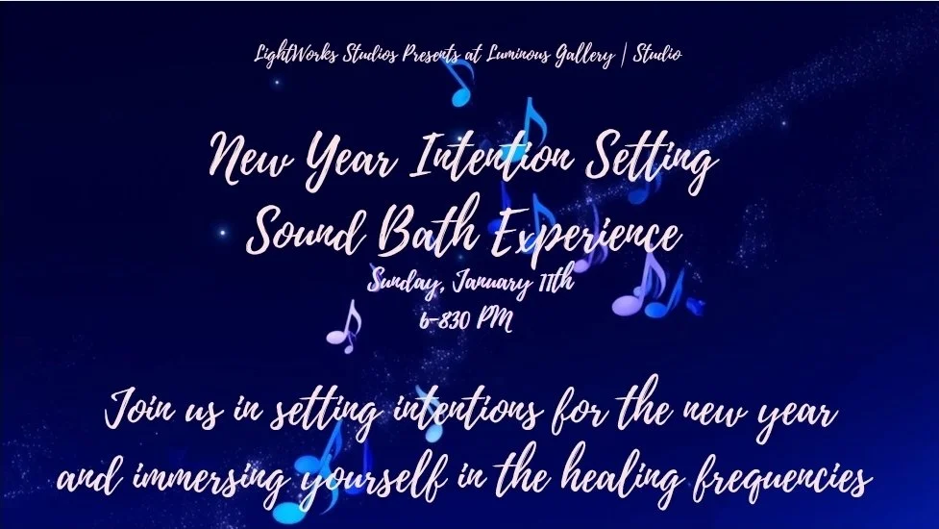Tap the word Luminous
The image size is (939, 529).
coord(502,54)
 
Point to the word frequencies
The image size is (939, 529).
coord(787,478)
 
